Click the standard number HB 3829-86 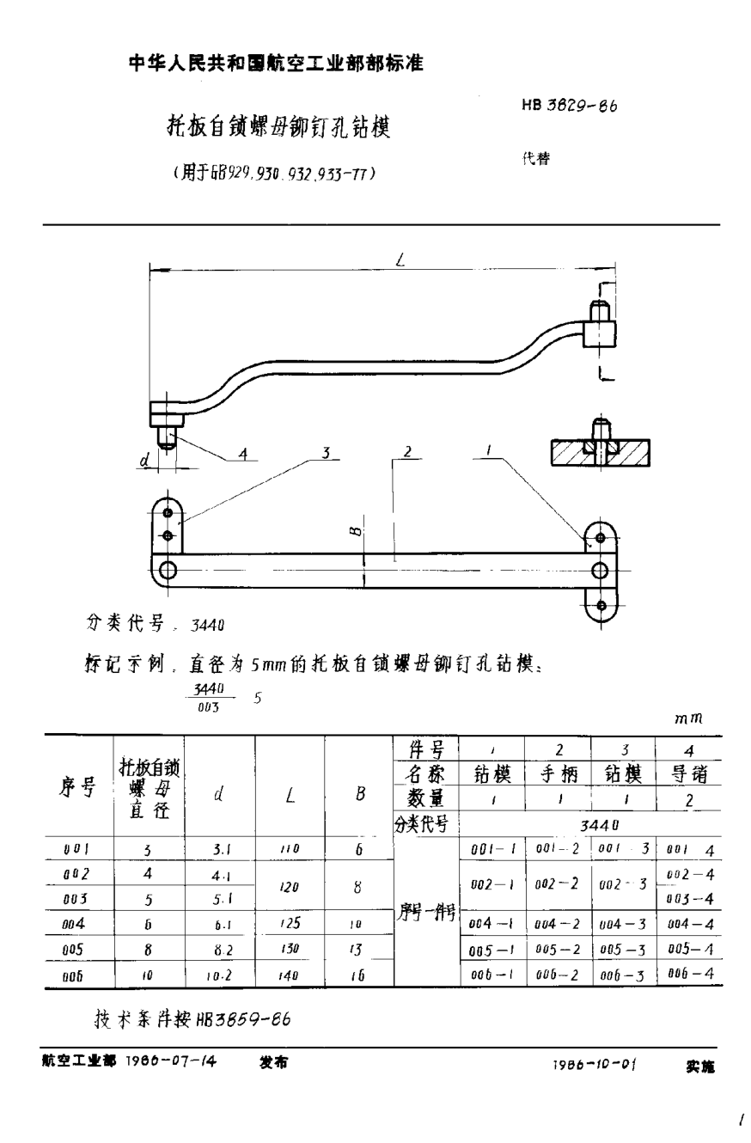click(x=569, y=107)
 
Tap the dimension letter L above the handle click(x=400, y=260)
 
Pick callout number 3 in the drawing click(x=326, y=453)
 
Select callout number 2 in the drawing click(x=407, y=453)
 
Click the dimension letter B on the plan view click(x=356, y=532)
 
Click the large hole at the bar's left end click(x=168, y=570)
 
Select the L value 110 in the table click(x=289, y=849)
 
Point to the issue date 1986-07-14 click(x=171, y=1061)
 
